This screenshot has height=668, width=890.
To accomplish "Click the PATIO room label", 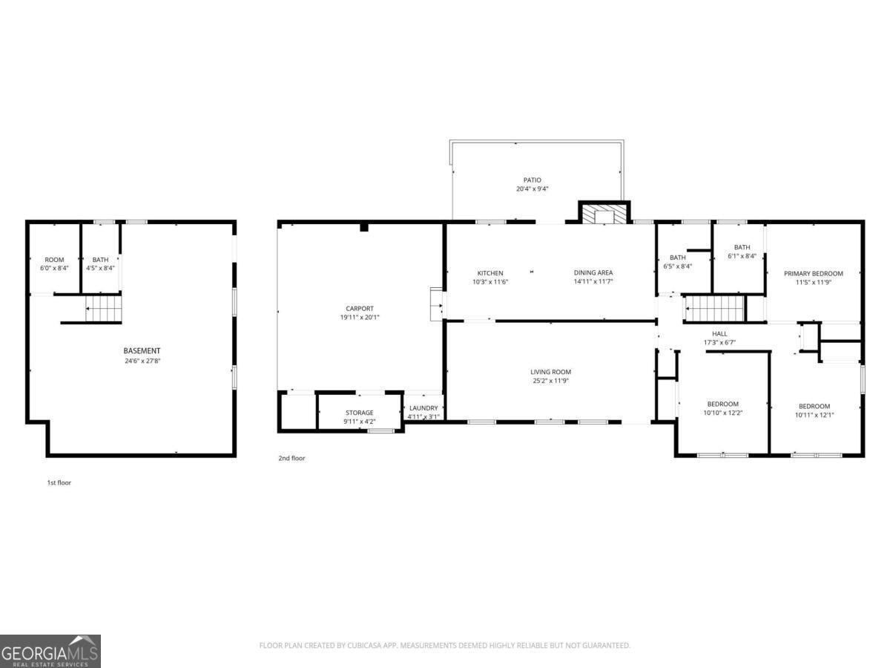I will point(532,180).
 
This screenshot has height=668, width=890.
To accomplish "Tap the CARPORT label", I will point(360,309).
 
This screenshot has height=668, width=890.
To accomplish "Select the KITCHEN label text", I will point(490,273).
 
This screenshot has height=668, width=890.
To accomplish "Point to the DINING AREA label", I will point(593,272).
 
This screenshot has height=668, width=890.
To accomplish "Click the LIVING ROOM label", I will point(550,372).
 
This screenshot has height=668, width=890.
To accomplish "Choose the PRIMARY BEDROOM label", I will point(814,273).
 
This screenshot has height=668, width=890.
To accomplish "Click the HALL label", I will point(719,334).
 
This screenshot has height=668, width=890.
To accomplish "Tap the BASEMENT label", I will point(142,350).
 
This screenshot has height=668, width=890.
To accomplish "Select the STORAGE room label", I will point(360,413).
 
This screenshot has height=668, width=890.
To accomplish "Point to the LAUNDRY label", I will point(423,407).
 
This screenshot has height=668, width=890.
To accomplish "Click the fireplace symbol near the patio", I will point(603,214).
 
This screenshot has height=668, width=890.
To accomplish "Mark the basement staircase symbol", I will point(102,307).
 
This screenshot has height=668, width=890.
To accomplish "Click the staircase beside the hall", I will point(713,307).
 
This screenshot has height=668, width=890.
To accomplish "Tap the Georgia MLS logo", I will point(50,651).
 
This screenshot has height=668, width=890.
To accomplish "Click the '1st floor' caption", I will point(59,482).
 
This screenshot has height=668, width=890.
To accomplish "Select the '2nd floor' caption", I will point(291,458).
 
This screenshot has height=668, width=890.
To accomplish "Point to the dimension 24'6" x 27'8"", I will point(142,361).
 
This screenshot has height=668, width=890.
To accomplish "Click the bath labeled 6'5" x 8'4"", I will point(677,262).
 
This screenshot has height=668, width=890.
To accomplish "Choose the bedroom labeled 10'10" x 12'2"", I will point(722,409).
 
